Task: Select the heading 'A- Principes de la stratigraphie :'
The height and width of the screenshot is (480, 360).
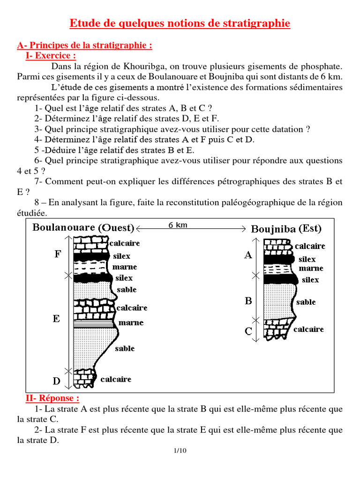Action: pos(84,45)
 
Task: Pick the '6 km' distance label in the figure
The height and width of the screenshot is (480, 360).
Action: pos(178,225)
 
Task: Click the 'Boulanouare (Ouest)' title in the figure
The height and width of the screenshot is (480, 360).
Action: pos(83,228)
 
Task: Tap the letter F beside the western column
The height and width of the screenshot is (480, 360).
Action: pos(58,254)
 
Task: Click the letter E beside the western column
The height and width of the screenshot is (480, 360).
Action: pos(56,319)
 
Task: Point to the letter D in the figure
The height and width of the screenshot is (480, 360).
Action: pos(57,381)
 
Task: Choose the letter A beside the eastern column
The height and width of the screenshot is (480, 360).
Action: pos(248,255)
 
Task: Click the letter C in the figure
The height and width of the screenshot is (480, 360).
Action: pos(248,331)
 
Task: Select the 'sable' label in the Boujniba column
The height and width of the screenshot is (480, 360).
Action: pos(306,302)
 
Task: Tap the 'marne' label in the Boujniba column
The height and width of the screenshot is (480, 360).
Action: pos(311,269)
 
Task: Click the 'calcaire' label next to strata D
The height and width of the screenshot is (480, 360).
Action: pos(116,379)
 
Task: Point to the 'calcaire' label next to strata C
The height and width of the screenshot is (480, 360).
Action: pos(308,330)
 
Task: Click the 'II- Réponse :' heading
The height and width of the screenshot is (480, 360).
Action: pos(52,398)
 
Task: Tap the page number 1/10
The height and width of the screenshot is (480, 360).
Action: pos(180,451)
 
